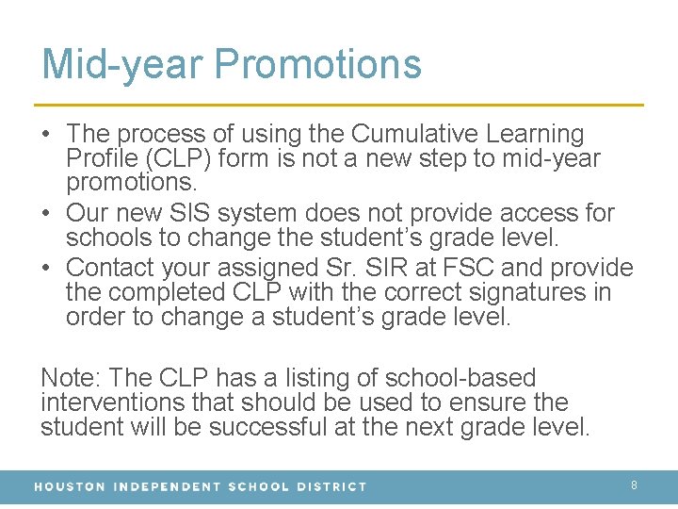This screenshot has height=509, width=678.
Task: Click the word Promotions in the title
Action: coord(318,63)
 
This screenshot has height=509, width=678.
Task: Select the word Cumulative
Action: coord(407,135)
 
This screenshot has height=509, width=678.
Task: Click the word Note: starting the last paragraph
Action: coord(72,378)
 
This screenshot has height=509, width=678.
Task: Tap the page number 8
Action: coord(634,485)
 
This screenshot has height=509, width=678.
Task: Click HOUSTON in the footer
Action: coord(70,486)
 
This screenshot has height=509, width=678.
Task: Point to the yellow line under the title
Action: coord(339,104)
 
